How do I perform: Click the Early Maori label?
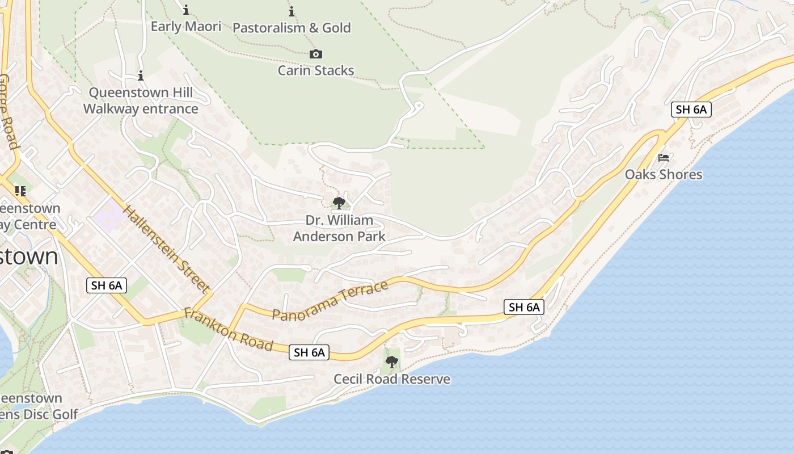coord(185,27)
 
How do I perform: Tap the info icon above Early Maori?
coord(186,10)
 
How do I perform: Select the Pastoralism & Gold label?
coord(292,28)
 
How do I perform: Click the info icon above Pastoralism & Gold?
coord(292,11)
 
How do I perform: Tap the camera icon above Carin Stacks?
coord(316,54)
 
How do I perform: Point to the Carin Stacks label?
coord(316,70)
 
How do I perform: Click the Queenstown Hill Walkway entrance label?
coord(141,100)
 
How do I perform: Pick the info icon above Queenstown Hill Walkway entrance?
coord(141,75)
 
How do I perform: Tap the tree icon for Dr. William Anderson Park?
coord(339,203)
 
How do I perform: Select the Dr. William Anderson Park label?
coord(339,228)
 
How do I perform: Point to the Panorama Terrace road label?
coord(330,300)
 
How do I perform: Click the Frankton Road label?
coord(229,330)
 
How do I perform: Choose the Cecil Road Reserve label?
coord(392,379)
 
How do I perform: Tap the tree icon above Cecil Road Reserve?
coord(391,361)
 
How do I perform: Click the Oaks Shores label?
coord(664,174)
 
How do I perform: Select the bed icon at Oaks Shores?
coord(664,157)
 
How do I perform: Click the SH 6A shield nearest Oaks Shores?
coord(691,110)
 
